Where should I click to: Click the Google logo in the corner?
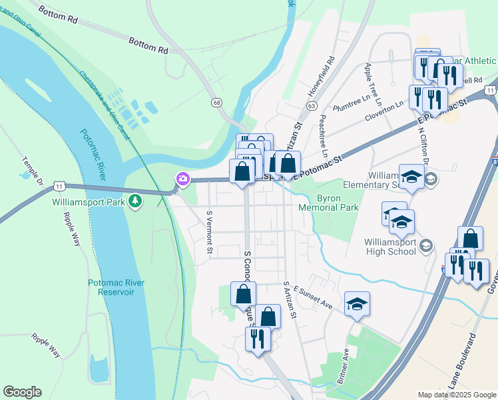[22, 392]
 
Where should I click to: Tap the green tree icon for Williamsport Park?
[135, 200]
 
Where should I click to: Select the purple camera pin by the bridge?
[182, 179]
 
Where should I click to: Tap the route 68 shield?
[217, 102]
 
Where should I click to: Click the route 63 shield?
[311, 105]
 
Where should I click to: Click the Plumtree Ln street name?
[351, 105]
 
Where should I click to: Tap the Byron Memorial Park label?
[338, 203]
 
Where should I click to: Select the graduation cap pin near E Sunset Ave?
[357, 304]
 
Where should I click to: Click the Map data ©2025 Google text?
[456, 395]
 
